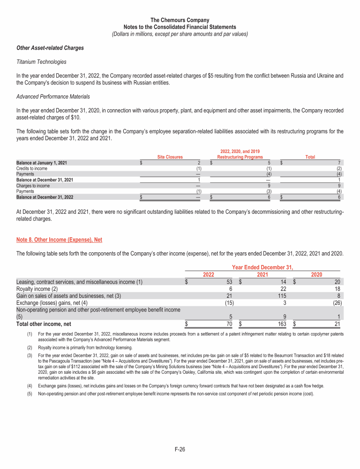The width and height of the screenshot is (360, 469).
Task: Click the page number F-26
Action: click(x=180, y=449)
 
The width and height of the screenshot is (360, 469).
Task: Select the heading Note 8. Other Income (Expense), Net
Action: click(x=59, y=240)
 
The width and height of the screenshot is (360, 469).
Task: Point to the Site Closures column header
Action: click(x=170, y=157)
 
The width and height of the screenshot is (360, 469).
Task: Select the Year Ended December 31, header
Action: click(x=262, y=267)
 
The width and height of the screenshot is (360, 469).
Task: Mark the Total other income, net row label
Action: click(x=44, y=324)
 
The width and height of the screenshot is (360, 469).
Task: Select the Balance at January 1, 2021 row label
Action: click(x=41, y=163)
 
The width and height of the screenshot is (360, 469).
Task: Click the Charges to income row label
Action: click(x=33, y=186)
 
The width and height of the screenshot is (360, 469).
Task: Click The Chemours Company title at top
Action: click(x=180, y=20)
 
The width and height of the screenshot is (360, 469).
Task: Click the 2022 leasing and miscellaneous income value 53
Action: click(x=229, y=282)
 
